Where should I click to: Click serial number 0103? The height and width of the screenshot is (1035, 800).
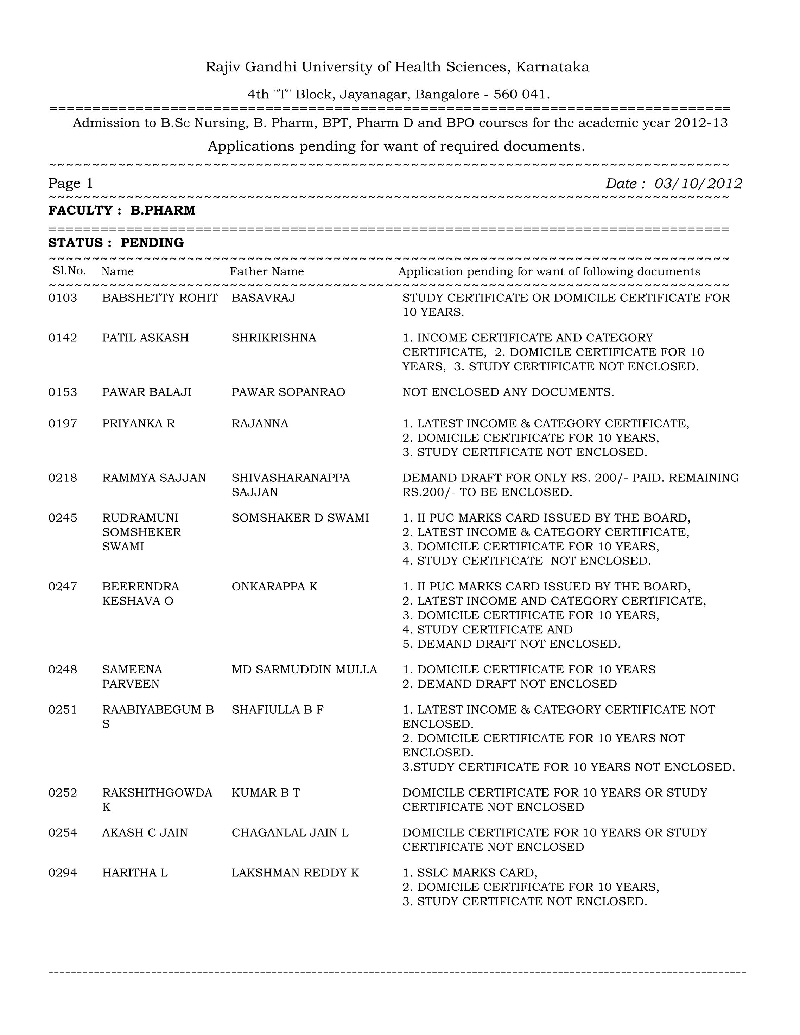pos(63,298)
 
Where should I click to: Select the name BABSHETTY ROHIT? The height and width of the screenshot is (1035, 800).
pos(160,298)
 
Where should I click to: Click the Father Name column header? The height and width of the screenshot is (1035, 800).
pos(267,271)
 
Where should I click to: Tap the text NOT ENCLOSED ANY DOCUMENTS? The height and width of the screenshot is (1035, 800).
pos(508,392)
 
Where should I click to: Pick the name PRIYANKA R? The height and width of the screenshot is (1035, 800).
pos(138,424)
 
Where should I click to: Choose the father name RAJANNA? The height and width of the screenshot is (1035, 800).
pos(260,424)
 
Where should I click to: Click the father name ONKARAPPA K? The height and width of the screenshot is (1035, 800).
pos(274,587)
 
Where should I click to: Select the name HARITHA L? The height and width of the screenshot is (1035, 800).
pos(135,873)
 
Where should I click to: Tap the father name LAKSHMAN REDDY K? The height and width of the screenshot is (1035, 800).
pos(295,873)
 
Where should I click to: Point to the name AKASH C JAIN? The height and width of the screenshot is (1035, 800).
pos(145,833)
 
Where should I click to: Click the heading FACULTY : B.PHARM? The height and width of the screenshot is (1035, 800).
pos(122,210)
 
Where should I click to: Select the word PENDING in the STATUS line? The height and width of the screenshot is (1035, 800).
pos(152,243)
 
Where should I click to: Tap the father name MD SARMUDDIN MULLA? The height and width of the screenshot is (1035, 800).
pos(304,670)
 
